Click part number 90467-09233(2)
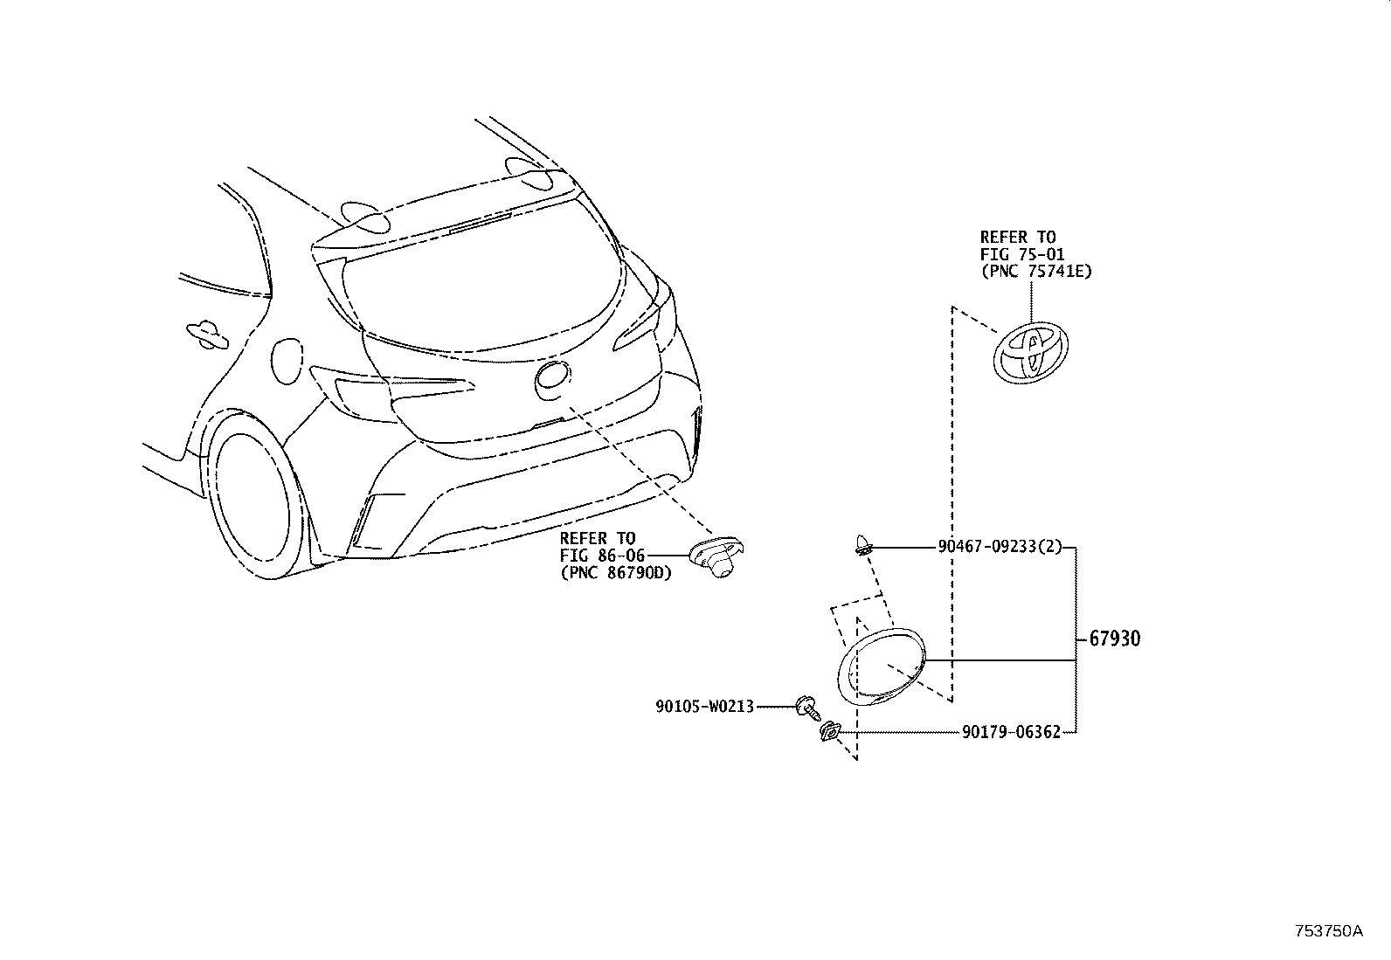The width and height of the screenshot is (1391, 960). click(x=1000, y=547)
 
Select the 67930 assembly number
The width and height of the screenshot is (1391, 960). click(x=1114, y=639)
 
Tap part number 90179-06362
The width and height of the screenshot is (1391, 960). click(x=1011, y=732)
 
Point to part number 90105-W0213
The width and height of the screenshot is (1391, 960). click(x=704, y=706)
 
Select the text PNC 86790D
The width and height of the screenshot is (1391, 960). click(x=616, y=573)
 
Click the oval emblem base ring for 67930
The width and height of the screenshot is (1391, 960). click(x=881, y=666)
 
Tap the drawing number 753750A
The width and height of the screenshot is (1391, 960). click(x=1328, y=930)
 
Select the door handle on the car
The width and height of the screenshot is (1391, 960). click(x=207, y=332)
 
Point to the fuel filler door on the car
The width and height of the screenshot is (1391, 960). click(x=287, y=358)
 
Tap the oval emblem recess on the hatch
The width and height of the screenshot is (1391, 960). click(x=554, y=379)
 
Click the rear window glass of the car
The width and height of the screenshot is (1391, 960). click(x=489, y=288)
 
